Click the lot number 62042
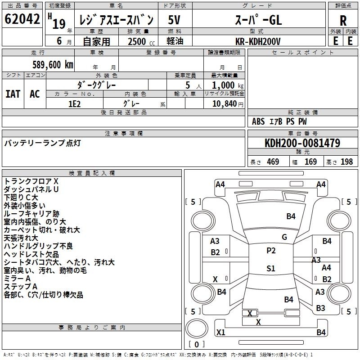(x=22, y=19)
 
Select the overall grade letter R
(x=343, y=21)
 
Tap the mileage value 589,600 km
(x=53, y=65)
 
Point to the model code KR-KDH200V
(x=258, y=41)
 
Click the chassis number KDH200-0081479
(x=302, y=143)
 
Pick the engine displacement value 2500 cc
(x=141, y=41)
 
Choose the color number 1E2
(x=74, y=104)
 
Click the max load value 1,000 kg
(x=228, y=85)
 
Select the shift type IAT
(x=13, y=94)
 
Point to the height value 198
(x=346, y=162)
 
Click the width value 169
(x=310, y=162)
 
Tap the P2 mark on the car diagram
(x=271, y=251)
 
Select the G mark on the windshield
(x=284, y=237)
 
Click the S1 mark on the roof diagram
(x=271, y=268)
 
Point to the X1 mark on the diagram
(x=220, y=332)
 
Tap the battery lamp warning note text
(x=42, y=143)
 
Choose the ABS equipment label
(x=258, y=121)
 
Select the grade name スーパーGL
(x=258, y=20)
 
